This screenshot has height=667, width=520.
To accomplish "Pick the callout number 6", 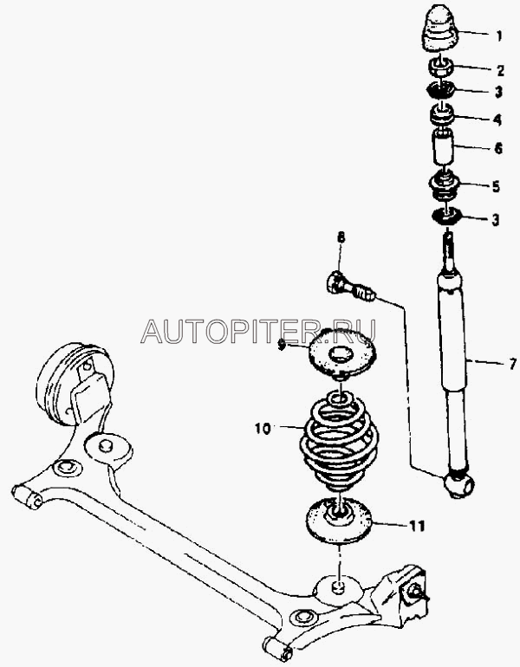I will (x=498, y=148).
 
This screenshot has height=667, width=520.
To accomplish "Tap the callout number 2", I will (x=498, y=71).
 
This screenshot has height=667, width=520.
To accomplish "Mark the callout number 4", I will (x=497, y=118).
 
